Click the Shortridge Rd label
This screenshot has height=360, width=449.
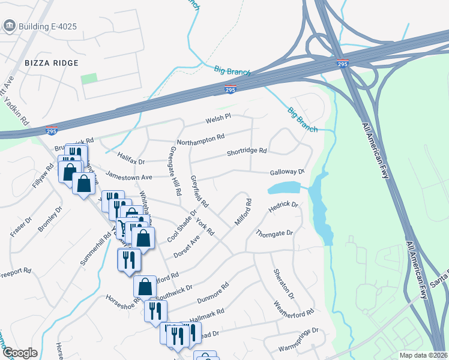point(246,152)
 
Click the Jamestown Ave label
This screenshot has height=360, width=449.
point(128,177)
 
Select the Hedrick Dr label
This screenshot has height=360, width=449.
point(283,206)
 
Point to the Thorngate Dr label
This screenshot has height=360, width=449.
point(274,233)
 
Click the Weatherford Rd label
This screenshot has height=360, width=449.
point(294,312)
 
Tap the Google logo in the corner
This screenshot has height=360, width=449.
point(20,353)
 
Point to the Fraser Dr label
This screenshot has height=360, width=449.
point(20,225)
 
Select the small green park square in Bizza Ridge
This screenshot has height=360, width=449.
point(89,79)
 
